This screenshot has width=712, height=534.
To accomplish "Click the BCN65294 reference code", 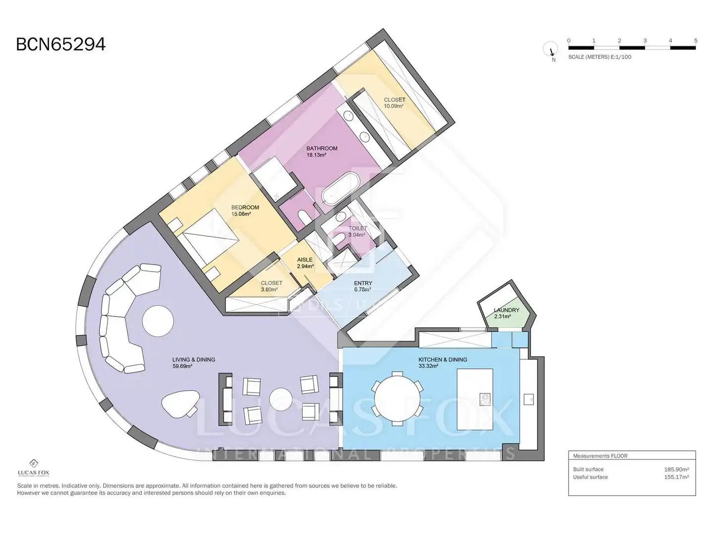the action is [61, 44].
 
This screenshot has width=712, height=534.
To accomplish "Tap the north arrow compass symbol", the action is [550, 49].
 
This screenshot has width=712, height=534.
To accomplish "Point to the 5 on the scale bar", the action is [696, 41].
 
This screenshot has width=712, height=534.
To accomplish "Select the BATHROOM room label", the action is [322, 148].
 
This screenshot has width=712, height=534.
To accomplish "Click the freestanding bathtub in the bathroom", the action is [341, 188].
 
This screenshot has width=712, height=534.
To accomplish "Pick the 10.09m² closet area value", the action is [394, 106].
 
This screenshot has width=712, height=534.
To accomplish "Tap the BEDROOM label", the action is [245, 207].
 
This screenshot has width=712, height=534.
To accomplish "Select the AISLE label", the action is [305, 260].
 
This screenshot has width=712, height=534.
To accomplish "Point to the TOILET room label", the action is [358, 228].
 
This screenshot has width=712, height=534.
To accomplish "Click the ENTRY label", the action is [363, 283].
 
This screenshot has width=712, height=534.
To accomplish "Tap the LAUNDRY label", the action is [506, 310].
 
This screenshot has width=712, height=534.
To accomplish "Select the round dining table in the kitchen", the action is [397, 399].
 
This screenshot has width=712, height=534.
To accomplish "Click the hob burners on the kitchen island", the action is [485, 399].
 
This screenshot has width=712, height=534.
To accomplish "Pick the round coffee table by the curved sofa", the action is [158, 321].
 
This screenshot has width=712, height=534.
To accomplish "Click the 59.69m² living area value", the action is [182, 366].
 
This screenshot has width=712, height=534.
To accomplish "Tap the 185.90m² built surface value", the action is [676, 469].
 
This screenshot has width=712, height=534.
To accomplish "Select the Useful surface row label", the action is [590, 477].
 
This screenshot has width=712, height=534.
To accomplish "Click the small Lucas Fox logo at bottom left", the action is [34, 468].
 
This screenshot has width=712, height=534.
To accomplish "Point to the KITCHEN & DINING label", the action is [443, 359].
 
